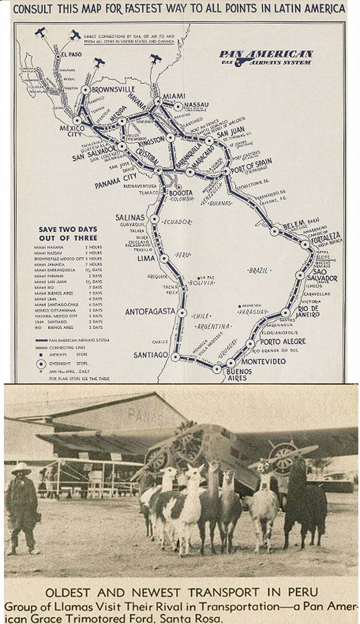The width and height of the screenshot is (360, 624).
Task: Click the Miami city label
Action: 174,96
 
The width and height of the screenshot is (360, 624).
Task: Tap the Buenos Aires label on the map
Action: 237,374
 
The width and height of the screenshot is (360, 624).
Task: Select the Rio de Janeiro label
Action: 309,311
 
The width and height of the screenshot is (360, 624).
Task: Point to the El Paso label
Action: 71,54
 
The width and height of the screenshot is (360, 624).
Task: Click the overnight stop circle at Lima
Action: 164,258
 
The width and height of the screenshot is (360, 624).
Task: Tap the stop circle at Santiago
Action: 175,356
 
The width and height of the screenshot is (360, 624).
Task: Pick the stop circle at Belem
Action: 275,231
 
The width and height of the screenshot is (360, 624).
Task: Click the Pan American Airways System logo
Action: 265,57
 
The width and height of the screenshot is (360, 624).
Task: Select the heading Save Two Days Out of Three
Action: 68,233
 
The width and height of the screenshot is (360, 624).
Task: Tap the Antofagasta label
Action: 150,311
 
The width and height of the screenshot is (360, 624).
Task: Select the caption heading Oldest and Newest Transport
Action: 181,591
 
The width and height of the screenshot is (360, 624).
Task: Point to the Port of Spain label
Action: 251,162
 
